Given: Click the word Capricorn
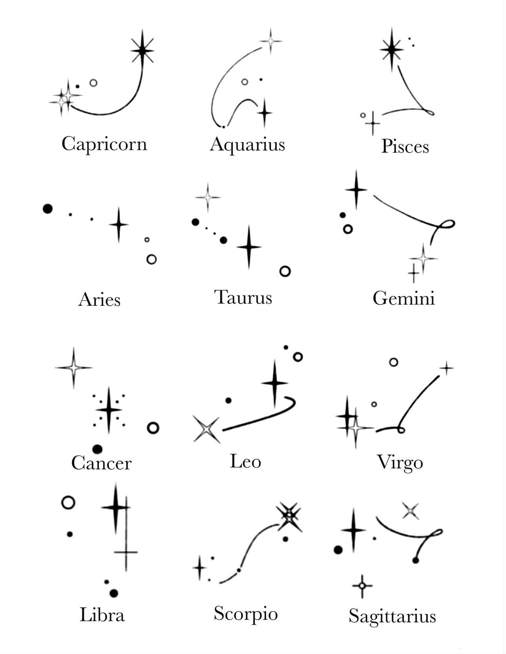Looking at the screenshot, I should coord(104,144).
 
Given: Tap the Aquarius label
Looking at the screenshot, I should coord(247,145).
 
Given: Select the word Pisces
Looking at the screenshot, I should coord(405,147).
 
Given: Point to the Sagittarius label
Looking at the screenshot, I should coord(392,616).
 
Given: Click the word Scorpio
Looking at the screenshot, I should coord(245,614).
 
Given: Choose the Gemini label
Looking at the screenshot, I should coord(404,298).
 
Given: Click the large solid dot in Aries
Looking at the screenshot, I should coord(47,209).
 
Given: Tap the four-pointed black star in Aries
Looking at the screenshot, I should coord(119,224).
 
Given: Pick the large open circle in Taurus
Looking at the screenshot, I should coord(285,271).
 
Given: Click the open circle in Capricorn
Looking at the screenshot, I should coord(93,83).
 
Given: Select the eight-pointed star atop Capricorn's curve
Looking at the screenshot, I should coord(142,50).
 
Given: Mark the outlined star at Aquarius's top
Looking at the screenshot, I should coord(271,41).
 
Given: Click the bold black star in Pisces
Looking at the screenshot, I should coord(391,49).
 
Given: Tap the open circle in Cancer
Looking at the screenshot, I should coord(153,428).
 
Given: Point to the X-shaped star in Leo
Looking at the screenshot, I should coord(206,429).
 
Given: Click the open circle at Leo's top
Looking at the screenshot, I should coord(298,357).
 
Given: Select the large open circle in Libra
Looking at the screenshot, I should coord(68,503).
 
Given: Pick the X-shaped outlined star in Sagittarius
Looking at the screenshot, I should coord(411,511).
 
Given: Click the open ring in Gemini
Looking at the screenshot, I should coord(348,229).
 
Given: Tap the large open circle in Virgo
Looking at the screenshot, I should coord(393,362).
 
